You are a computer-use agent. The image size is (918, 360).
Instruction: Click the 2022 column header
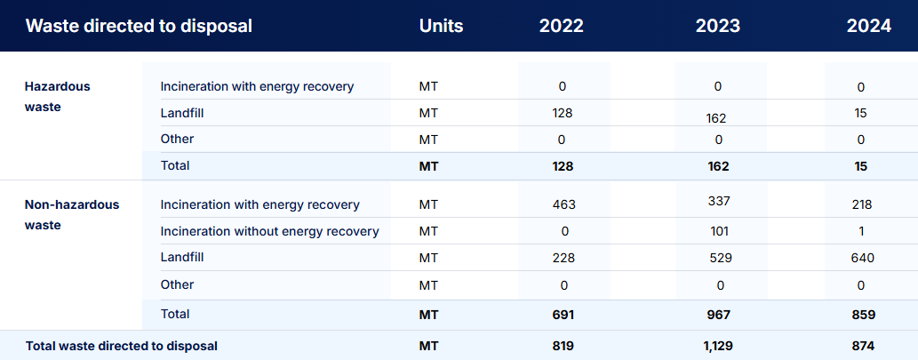click(562, 27)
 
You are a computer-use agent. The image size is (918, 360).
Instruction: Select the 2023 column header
click(718, 27)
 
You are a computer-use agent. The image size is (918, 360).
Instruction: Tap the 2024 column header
click(869, 27)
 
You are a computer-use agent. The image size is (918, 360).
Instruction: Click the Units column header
click(442, 27)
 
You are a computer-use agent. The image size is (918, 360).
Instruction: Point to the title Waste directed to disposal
click(139, 27)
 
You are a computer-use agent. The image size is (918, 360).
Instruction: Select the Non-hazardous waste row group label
click(71, 215)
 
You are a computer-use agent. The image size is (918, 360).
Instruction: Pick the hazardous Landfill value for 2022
click(562, 113)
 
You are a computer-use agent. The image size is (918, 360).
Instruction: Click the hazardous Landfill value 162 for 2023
click(716, 118)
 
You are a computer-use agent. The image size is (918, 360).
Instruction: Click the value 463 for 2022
click(563, 204)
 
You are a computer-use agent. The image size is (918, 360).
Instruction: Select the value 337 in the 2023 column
click(718, 202)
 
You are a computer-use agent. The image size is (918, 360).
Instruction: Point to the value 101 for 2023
click(718, 231)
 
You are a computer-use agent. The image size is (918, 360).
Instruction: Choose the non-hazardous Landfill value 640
click(862, 258)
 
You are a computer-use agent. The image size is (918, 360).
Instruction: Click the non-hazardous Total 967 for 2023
click(718, 315)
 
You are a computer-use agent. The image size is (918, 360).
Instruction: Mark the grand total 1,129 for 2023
click(718, 346)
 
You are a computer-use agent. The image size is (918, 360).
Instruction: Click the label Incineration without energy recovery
click(270, 231)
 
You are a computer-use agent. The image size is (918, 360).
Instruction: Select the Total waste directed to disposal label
click(122, 346)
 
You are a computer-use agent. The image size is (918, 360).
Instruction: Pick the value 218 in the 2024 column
click(862, 204)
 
